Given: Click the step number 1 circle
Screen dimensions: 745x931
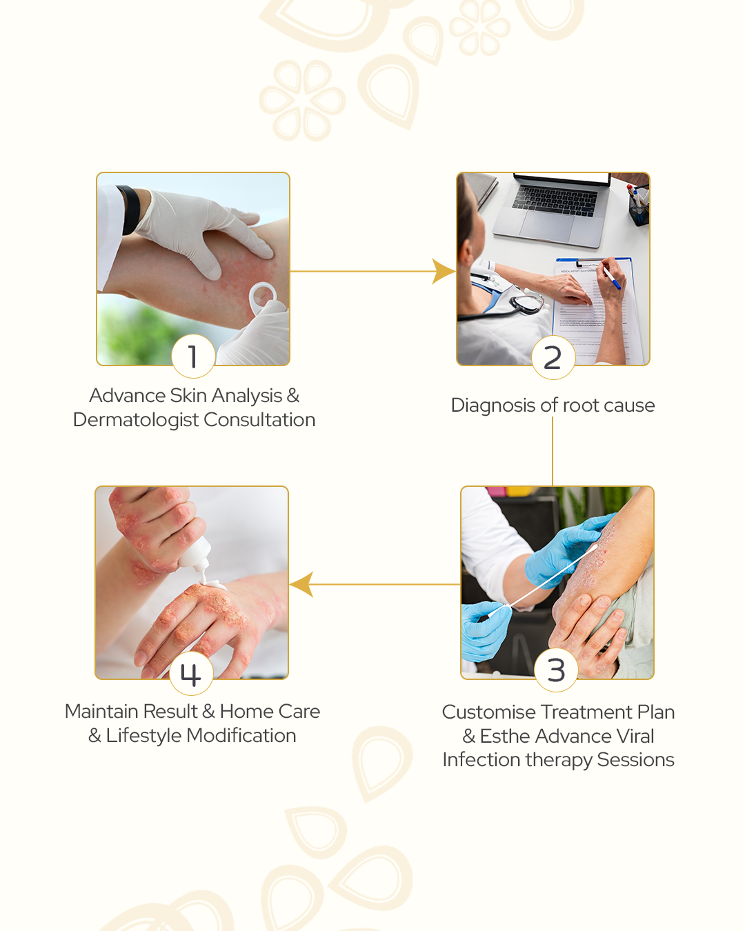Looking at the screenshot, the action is [193, 357].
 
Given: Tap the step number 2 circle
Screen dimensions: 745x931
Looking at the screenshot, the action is [553, 357].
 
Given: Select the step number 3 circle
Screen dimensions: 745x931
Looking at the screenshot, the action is [556, 670].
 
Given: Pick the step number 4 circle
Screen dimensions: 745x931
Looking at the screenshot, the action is [191, 673].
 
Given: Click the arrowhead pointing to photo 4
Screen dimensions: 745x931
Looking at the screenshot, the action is [301, 584].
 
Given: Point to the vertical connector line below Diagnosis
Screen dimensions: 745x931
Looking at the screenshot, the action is [553, 451].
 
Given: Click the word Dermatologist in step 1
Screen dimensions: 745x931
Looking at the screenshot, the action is [136, 420].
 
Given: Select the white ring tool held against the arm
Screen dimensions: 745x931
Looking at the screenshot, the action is [263, 297].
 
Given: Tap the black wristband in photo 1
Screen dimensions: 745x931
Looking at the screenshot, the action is [130, 210].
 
